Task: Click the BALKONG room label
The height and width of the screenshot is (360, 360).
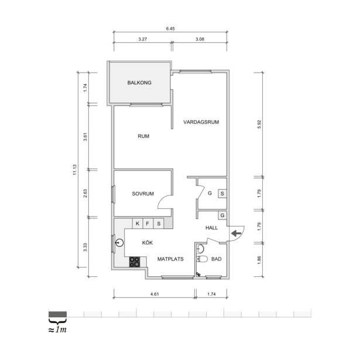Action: pos(139,83)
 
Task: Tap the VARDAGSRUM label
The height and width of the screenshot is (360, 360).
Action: pos(201,122)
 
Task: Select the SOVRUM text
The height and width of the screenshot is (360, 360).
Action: pos(143,194)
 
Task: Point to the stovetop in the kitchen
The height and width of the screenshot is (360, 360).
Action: pos(135,262)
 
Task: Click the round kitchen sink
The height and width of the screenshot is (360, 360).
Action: pos(119,242)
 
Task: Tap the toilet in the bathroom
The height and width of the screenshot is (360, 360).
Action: pos(203,259)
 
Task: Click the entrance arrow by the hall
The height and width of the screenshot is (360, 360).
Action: pos(236,234)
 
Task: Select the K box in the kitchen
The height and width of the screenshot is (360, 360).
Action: pos(138,224)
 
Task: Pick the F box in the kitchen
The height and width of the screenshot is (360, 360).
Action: pos(148,224)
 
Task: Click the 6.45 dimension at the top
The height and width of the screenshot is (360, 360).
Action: pos(170,29)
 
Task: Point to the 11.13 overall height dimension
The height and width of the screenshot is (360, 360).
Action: pos(74,170)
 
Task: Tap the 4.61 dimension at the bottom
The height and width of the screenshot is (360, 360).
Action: pos(155,294)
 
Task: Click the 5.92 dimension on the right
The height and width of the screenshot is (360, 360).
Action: pos(259,124)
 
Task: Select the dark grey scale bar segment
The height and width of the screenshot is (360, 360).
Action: pos(57,314)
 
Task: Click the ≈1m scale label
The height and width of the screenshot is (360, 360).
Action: pos(57,330)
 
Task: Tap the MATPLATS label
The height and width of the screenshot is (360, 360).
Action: pos(170,259)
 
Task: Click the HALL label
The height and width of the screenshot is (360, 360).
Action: pos(211,228)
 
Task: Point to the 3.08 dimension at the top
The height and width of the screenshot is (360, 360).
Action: pos(200,39)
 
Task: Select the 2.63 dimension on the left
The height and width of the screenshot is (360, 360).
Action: pos(85,193)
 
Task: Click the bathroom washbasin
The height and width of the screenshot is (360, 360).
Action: pos(201,248)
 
